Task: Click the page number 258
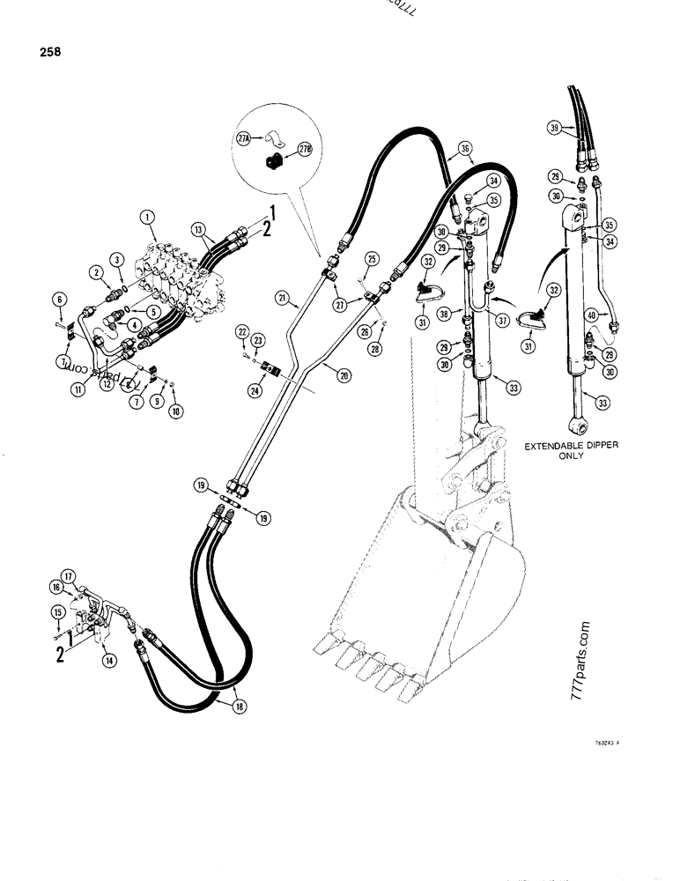click(x=49, y=51)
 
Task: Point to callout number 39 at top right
click(x=553, y=129)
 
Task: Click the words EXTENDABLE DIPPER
click(x=571, y=447)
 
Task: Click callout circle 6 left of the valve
click(x=58, y=300)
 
